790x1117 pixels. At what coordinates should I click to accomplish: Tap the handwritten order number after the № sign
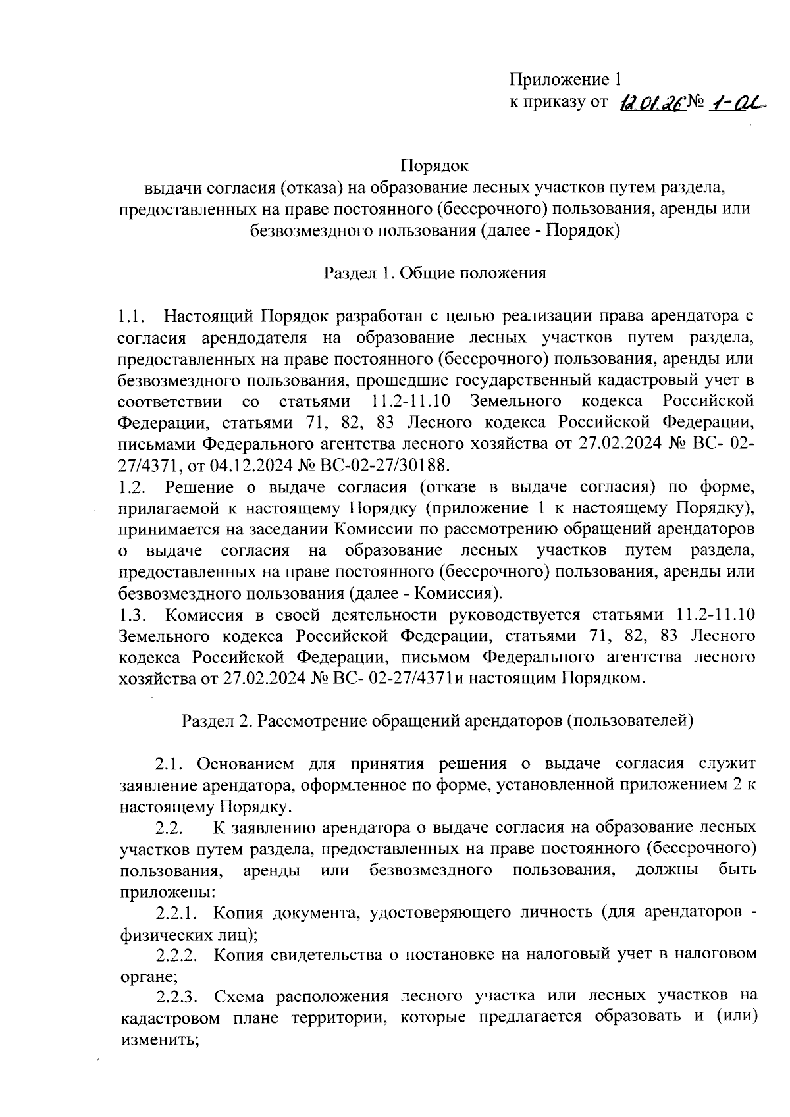click(x=737, y=103)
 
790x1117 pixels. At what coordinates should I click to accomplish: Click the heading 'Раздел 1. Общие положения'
click(x=434, y=273)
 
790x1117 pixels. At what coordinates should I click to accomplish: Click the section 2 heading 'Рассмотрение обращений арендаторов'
click(x=437, y=720)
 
